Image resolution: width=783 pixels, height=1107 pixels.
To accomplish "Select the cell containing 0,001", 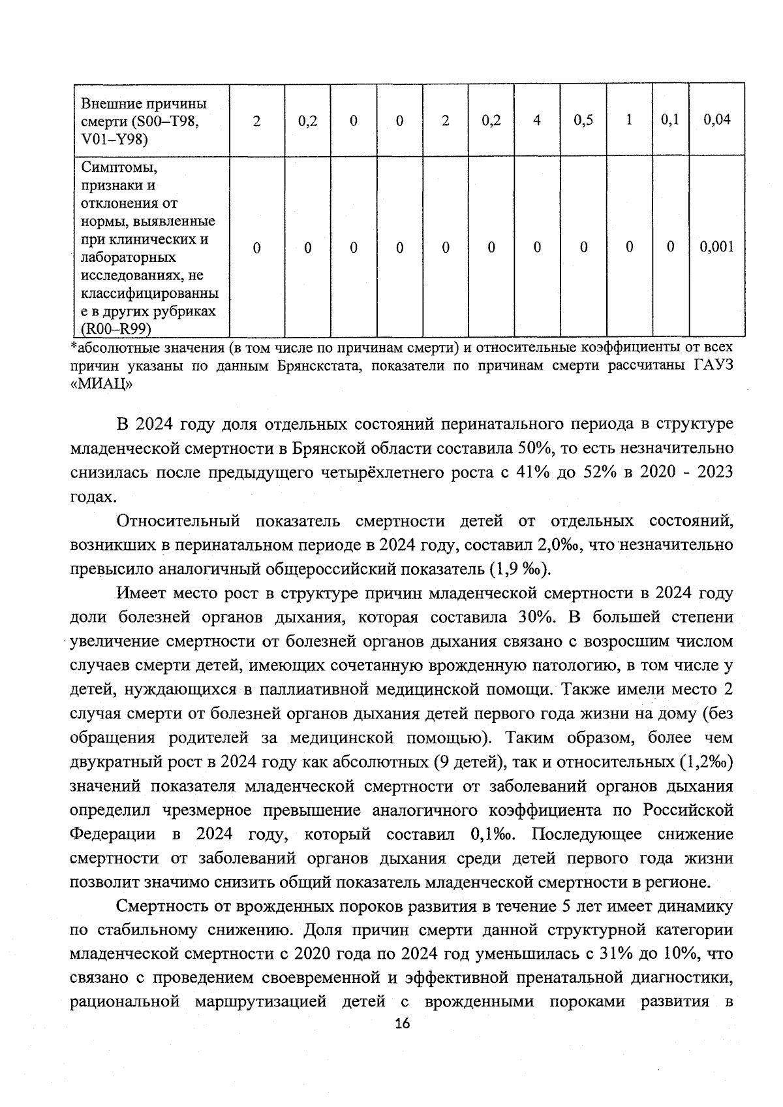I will pos(716,247).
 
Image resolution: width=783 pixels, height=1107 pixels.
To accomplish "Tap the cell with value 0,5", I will pos(583,120).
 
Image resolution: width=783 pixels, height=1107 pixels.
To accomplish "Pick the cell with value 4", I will pos(537,120).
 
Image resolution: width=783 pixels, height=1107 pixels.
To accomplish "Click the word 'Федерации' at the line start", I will pos(112,835).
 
